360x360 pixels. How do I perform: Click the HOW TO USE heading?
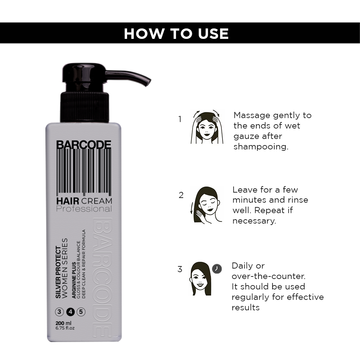pyautogui.click(x=176, y=33)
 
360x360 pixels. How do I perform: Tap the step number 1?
pyautogui.click(x=180, y=119)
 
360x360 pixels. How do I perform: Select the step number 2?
pyautogui.click(x=181, y=195)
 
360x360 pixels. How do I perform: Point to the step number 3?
pyautogui.click(x=180, y=269)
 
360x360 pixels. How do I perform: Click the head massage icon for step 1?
pyautogui.click(x=207, y=127)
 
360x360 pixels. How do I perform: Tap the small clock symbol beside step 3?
pyautogui.click(x=217, y=269)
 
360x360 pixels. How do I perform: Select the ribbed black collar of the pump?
pyautogui.click(x=85, y=107)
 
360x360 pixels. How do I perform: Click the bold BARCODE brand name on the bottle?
pyautogui.click(x=84, y=145)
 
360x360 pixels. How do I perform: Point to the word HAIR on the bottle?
pyautogui.click(x=68, y=201)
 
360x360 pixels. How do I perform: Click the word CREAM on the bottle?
pyautogui.click(x=96, y=201)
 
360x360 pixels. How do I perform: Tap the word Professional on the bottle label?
pyautogui.click(x=84, y=209)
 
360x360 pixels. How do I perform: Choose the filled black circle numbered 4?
pyautogui.click(x=71, y=312)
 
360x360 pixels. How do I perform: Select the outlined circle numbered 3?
pyautogui.click(x=59, y=312)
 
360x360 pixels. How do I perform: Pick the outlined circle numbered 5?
pyautogui.click(x=81, y=312)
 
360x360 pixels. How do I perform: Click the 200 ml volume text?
pyautogui.click(x=63, y=323)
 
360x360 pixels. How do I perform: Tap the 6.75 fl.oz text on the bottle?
pyautogui.click(x=65, y=328)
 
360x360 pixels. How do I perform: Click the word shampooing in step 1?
pyautogui.click(x=261, y=147)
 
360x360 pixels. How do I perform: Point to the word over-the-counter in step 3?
pyautogui.click(x=269, y=276)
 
